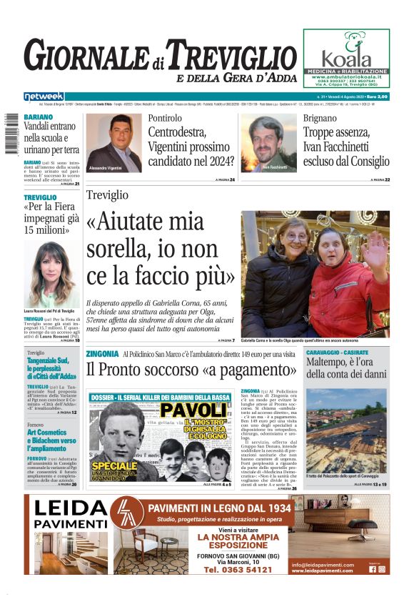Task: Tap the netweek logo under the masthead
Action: click(x=44, y=97)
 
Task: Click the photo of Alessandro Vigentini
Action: click(x=113, y=143)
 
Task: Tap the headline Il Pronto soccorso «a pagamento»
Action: click(x=191, y=370)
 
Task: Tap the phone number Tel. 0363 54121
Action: click(x=238, y=569)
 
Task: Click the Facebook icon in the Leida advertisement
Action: click(x=372, y=569)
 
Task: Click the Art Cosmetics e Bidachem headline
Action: click(x=52, y=438)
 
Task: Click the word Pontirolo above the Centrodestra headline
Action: click(x=165, y=118)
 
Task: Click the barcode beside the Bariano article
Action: click(x=11, y=135)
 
